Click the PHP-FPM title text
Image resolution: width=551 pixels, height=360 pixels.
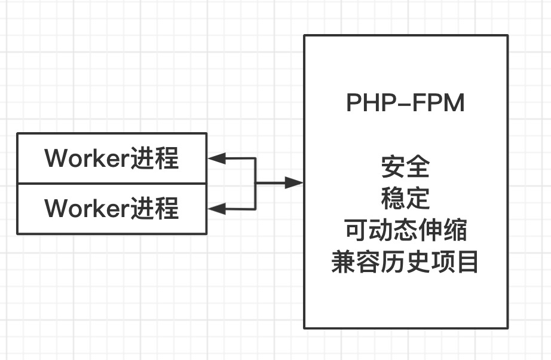(405, 103)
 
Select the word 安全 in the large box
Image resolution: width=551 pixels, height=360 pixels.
(405, 167)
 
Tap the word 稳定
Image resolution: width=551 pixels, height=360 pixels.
(405, 199)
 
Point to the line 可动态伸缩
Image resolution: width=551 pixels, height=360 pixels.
(405, 230)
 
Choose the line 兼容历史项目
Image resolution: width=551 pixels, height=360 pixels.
(405, 263)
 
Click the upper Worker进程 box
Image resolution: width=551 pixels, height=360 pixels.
(112, 158)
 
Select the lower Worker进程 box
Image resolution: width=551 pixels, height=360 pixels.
(112, 209)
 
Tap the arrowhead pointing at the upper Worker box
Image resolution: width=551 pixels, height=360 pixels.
(216, 158)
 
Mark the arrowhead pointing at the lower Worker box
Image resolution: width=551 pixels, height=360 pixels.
(216, 209)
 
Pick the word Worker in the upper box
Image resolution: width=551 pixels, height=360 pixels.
(80, 158)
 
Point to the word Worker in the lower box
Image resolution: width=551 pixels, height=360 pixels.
(80, 209)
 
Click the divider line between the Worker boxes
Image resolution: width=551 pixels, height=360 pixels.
(112, 184)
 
